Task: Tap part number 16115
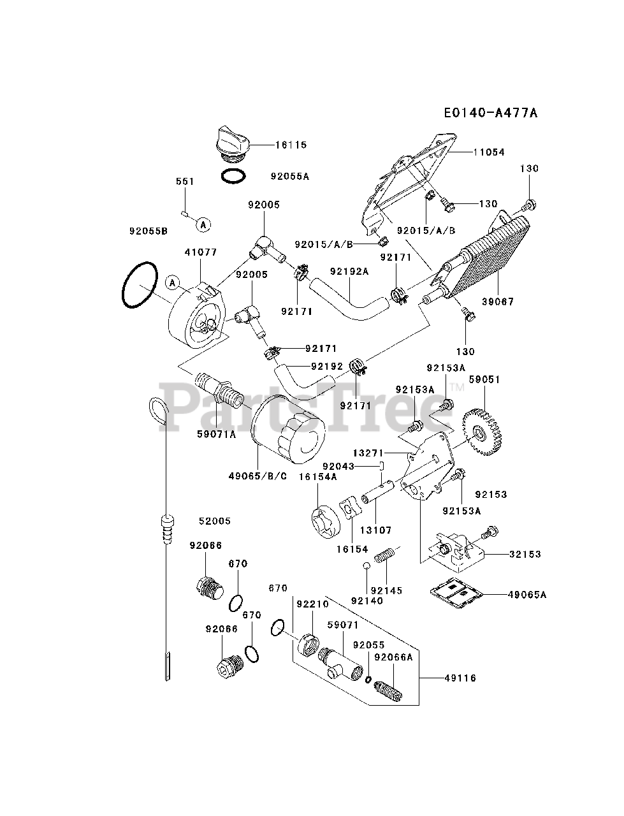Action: click(291, 145)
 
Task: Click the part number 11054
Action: click(489, 152)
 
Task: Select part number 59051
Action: click(484, 379)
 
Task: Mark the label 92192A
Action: click(349, 271)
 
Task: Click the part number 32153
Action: click(525, 554)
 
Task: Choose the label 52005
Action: click(214, 521)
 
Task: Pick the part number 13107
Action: click(376, 530)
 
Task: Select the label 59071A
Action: click(216, 435)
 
